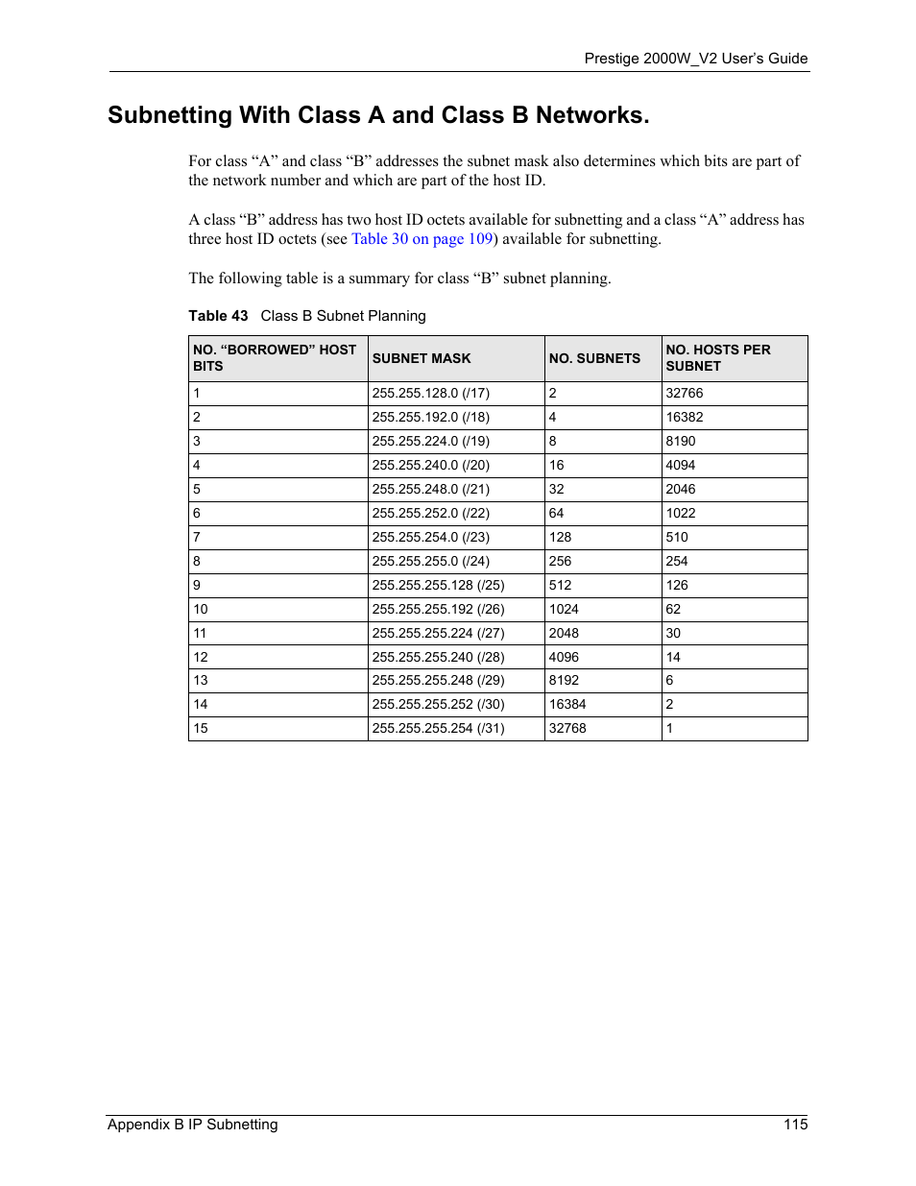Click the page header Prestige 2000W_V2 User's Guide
695,59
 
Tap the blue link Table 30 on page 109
422,239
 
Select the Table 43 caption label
218,316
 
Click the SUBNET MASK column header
422,358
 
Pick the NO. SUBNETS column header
594,358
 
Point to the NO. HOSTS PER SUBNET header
717,357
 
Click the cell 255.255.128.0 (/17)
430,393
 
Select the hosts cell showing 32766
685,393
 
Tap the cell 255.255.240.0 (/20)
430,465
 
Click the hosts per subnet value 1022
681,513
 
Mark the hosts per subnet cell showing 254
677,561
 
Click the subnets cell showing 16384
567,704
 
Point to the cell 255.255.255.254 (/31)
438,728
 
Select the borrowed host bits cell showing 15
201,728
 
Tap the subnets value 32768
567,728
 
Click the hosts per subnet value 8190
681,441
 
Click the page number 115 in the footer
795,1125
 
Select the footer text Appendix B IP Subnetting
192,1125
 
